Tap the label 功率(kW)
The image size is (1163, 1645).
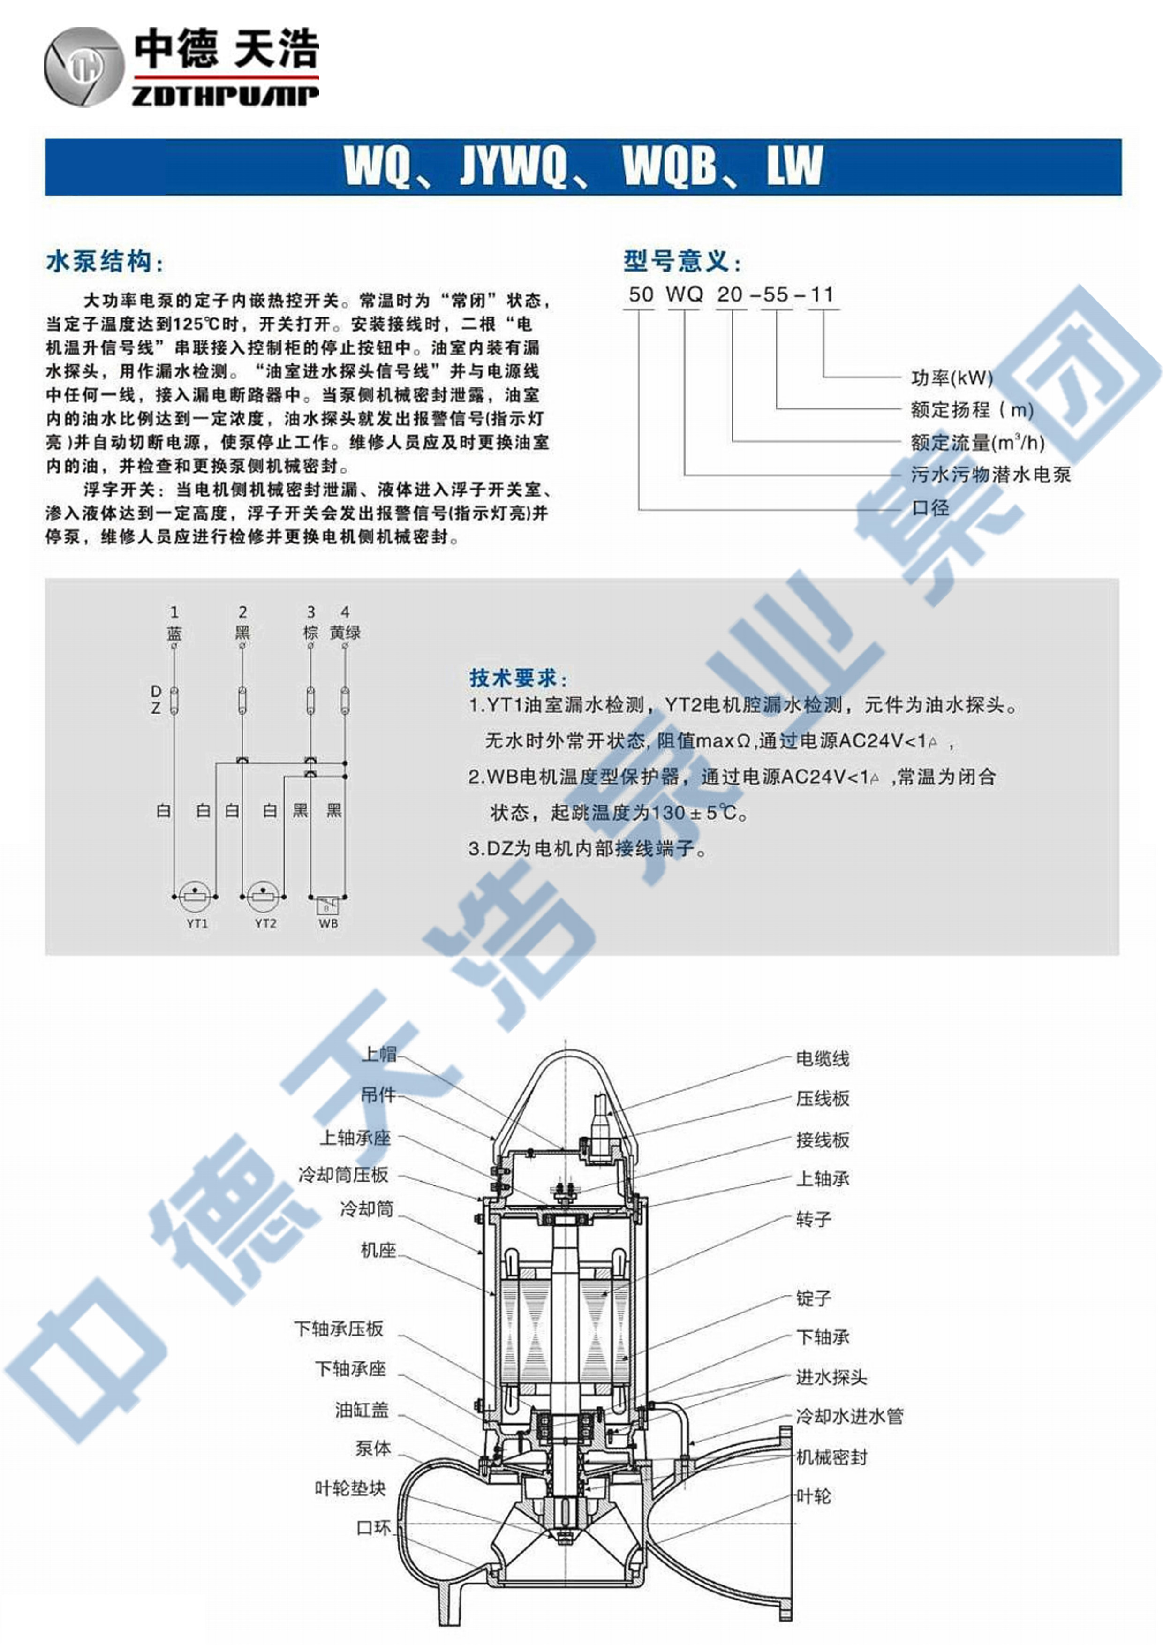click(952, 377)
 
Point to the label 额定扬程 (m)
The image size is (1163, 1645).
click(972, 410)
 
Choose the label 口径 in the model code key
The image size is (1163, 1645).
click(930, 508)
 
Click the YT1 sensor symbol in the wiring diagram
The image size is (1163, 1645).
click(195, 896)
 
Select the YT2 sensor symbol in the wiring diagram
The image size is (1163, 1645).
click(264, 896)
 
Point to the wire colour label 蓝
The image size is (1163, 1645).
click(174, 634)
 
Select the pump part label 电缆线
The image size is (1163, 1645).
click(822, 1058)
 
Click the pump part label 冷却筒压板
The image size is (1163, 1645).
click(343, 1174)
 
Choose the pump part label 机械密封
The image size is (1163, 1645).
click(831, 1456)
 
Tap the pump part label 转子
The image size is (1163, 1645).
click(813, 1219)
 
